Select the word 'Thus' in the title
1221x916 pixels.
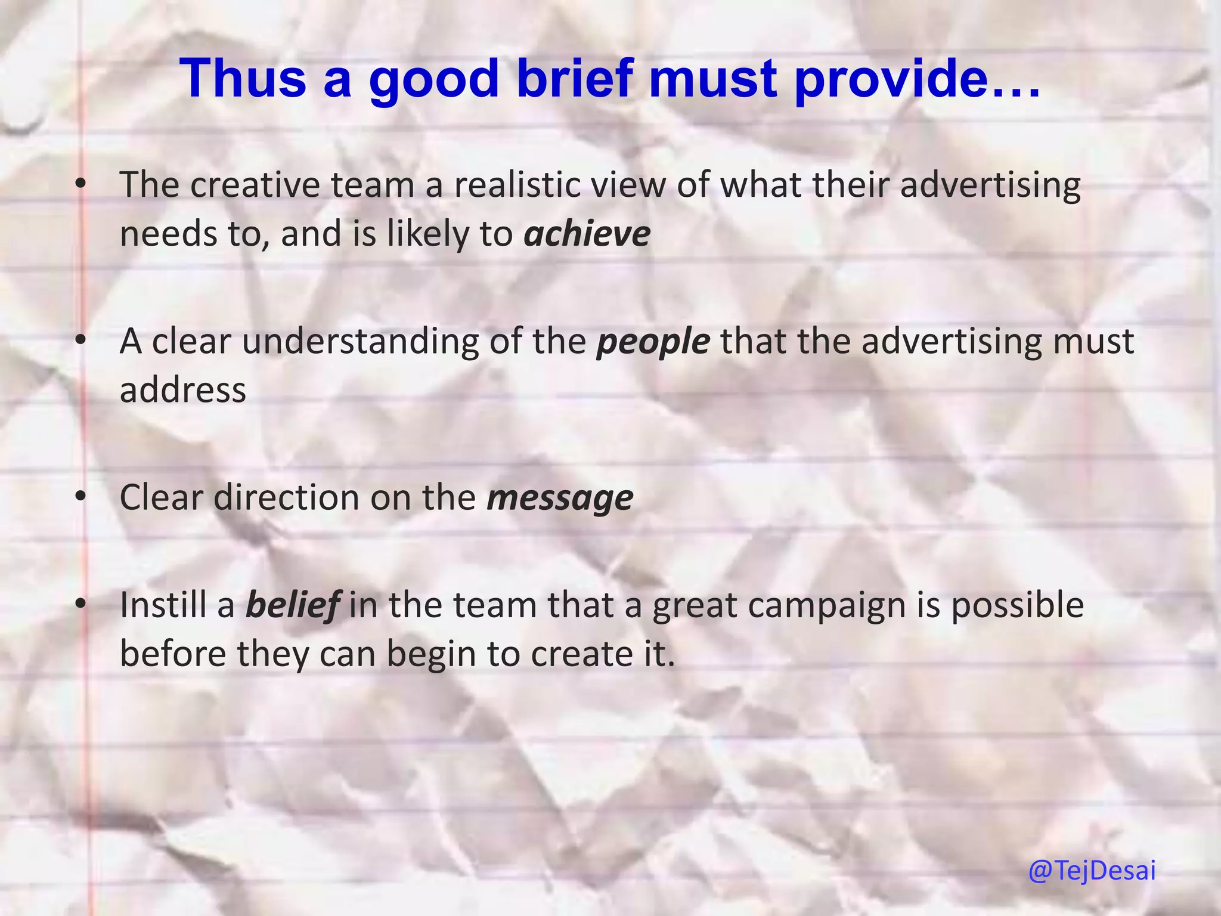[x=243, y=79]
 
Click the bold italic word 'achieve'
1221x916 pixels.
[x=587, y=234]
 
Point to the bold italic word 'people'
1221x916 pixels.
[x=653, y=342]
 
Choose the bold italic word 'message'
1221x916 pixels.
[x=560, y=498]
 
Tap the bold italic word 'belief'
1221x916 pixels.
[x=293, y=605]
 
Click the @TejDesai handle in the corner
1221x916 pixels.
[x=1092, y=871]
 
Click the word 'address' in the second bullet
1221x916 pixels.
[x=183, y=391]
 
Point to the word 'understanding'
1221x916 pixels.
[x=360, y=342]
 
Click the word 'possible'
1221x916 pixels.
[x=1017, y=605]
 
